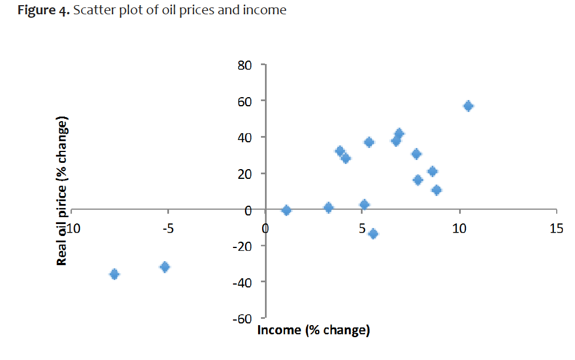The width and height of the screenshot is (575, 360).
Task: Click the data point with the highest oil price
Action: coord(468,106)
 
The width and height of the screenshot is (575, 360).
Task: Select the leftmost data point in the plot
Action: coord(114,274)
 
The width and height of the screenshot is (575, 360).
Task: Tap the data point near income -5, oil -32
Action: coord(165,267)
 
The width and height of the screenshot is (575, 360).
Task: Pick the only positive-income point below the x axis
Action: coord(373,234)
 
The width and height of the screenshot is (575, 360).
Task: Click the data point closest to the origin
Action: coord(287,210)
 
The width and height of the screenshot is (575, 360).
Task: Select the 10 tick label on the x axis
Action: coord(459,229)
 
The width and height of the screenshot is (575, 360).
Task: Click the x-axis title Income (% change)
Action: coord(314,330)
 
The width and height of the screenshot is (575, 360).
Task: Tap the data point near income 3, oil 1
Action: coord(328,207)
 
